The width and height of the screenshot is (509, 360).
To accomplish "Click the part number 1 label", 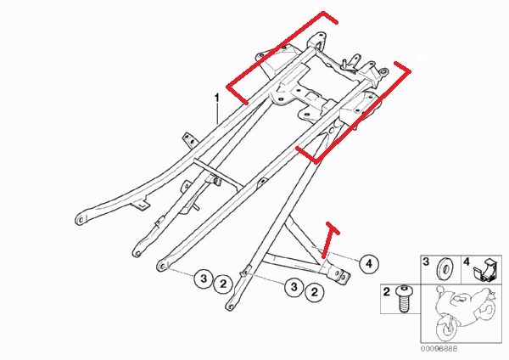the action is (x=217, y=98).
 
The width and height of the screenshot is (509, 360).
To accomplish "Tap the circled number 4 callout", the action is (x=369, y=263).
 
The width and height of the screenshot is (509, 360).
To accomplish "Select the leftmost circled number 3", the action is (x=204, y=278).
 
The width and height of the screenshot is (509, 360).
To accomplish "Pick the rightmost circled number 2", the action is (x=315, y=292).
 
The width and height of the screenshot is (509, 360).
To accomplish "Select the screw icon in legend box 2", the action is (x=404, y=298).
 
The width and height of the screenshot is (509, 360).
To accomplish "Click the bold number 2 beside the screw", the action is (x=386, y=291).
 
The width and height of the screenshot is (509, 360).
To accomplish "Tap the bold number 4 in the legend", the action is (x=466, y=262).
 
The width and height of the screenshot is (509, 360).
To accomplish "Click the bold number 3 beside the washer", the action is (x=426, y=262).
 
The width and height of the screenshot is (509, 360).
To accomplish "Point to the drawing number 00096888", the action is (x=439, y=349).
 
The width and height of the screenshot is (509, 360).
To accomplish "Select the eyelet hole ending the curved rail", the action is (x=81, y=220).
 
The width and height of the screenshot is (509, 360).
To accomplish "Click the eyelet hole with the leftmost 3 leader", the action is (x=160, y=267).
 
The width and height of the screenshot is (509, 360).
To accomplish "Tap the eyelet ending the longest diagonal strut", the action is (x=230, y=307).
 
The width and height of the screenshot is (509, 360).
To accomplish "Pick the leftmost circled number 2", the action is (x=223, y=284).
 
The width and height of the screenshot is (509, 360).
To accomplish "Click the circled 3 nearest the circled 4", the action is (x=294, y=287).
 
